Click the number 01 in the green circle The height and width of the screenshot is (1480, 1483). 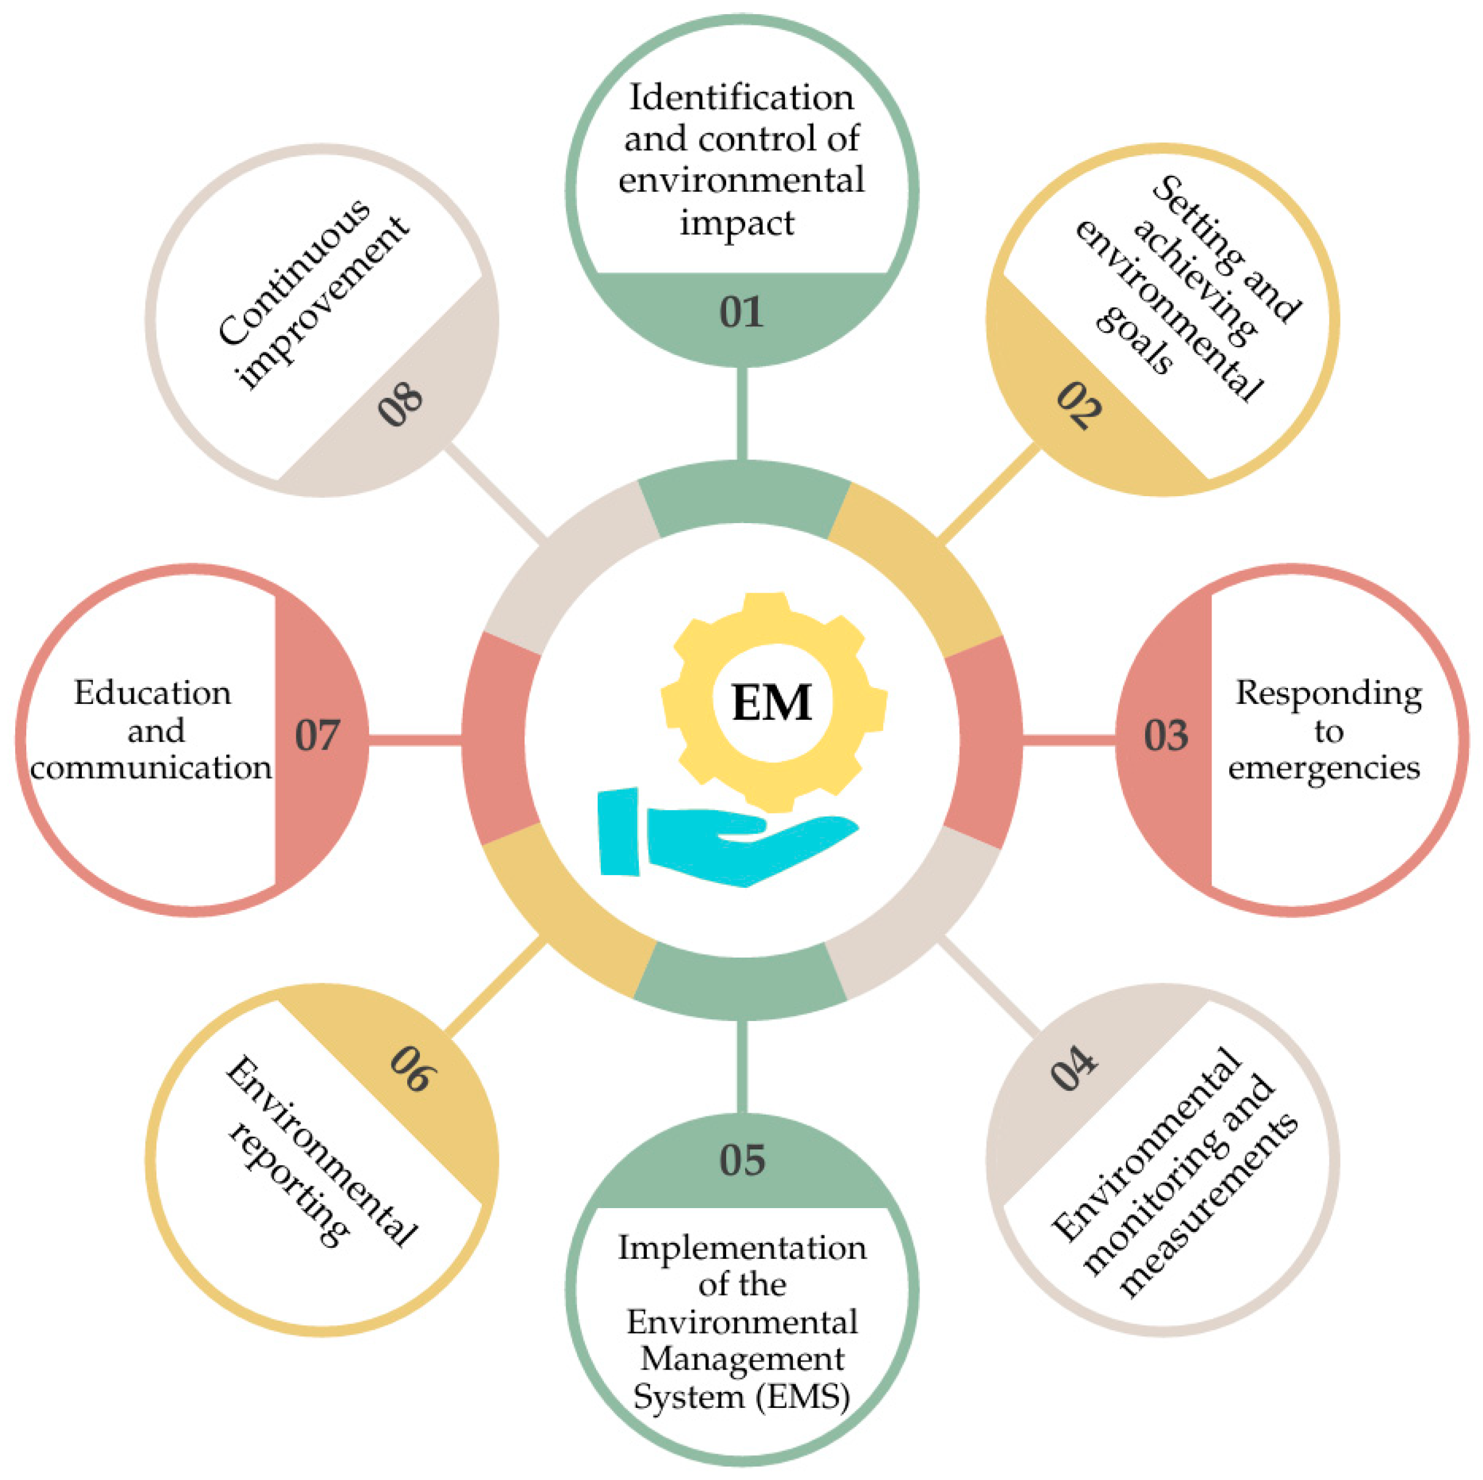tap(741, 312)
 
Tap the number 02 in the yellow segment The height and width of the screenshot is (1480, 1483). tap(1078, 405)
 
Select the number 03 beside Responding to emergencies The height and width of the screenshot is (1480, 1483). tap(1166, 735)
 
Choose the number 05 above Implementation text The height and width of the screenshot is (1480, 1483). tap(741, 1160)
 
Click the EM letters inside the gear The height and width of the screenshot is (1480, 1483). tap(771, 703)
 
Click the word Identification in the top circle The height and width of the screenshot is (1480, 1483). tap(741, 97)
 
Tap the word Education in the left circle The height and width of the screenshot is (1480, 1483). tap(153, 693)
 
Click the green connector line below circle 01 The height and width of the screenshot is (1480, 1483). tap(741, 414)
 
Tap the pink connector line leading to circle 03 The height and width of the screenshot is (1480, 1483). tap(1069, 739)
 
